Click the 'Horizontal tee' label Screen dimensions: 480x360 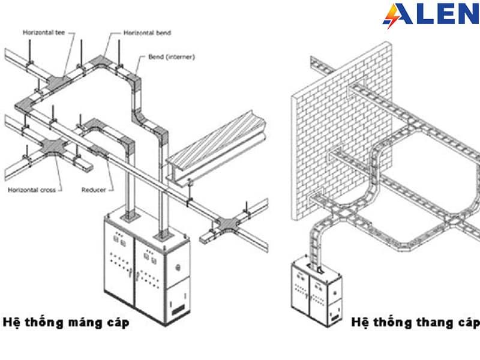pyautogui.click(x=44, y=32)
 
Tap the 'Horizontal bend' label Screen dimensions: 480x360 pyautogui.click(x=147, y=33)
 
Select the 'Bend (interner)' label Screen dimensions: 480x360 pyautogui.click(x=172, y=56)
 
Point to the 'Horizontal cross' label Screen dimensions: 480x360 pyautogui.click(x=32, y=190)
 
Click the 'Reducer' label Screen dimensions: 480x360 pyautogui.click(x=94, y=190)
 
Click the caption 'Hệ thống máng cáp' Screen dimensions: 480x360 pyautogui.click(x=66, y=323)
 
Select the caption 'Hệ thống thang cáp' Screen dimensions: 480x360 pyautogui.click(x=415, y=323)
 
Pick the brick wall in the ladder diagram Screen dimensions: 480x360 pyautogui.click(x=341, y=131)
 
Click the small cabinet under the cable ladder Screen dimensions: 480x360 pyautogui.click(x=316, y=292)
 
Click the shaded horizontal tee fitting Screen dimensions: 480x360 pyautogui.click(x=59, y=82)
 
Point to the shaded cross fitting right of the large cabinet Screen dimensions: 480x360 pyautogui.click(x=227, y=224)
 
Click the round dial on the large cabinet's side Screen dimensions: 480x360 pyautogui.click(x=178, y=268)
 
